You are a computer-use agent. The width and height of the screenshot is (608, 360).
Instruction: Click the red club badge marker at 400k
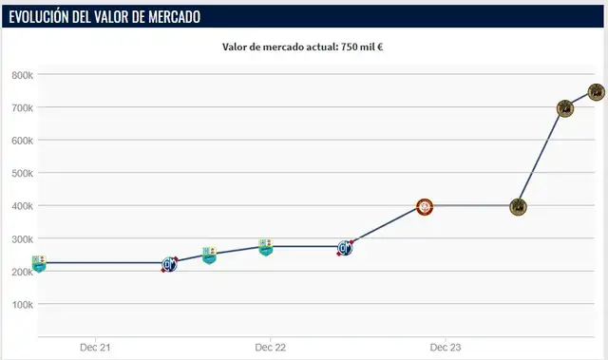click(425, 207)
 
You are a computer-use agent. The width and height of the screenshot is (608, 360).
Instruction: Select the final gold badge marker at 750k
click(597, 92)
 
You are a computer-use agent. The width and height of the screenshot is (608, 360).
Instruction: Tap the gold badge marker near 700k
click(564, 108)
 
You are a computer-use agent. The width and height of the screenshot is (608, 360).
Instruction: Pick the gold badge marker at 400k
click(518, 207)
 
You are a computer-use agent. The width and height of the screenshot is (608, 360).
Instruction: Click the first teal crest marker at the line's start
click(39, 264)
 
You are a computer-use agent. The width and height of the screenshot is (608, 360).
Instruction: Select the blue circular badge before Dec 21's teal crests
click(169, 265)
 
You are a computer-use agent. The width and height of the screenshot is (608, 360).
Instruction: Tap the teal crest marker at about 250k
click(209, 256)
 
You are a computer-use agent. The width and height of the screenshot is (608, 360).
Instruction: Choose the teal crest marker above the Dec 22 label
click(267, 247)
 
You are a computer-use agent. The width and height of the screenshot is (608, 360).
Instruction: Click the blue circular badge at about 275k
click(346, 248)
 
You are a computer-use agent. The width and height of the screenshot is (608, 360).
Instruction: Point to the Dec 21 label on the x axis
click(95, 348)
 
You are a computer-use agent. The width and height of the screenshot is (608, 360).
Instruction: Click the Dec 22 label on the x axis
click(271, 348)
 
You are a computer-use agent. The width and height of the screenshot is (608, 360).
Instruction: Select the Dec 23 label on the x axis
click(446, 348)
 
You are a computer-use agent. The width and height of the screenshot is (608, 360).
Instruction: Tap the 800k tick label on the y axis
click(22, 75)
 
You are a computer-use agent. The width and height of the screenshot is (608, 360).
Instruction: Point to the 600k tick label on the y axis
click(22, 141)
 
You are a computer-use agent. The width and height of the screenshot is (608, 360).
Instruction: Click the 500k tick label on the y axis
click(22, 174)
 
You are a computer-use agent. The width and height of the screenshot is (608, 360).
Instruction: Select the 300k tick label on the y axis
click(22, 239)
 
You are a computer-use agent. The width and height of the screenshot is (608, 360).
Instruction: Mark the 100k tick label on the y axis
click(22, 305)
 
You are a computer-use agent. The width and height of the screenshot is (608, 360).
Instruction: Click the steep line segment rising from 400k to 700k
click(541, 157)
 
